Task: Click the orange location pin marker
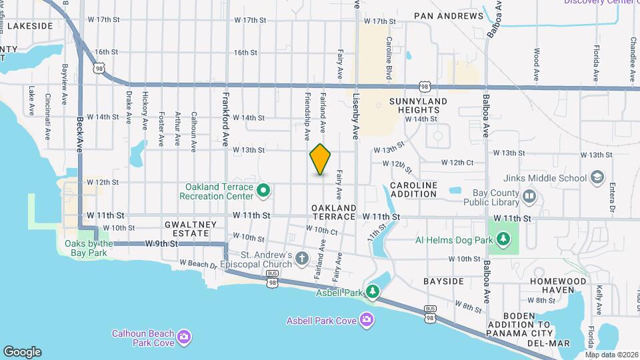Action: click(321, 159)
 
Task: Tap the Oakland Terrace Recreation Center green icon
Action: click(263, 191)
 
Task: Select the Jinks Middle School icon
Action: click(597, 178)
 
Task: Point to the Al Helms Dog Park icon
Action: click(505, 239)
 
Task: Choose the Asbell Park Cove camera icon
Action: click(366, 321)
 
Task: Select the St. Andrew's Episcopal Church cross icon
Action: click(302, 259)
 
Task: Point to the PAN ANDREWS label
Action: click(449, 16)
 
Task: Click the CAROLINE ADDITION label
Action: click(413, 189)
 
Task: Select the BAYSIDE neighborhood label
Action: click(443, 281)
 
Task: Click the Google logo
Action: click(22, 352)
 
